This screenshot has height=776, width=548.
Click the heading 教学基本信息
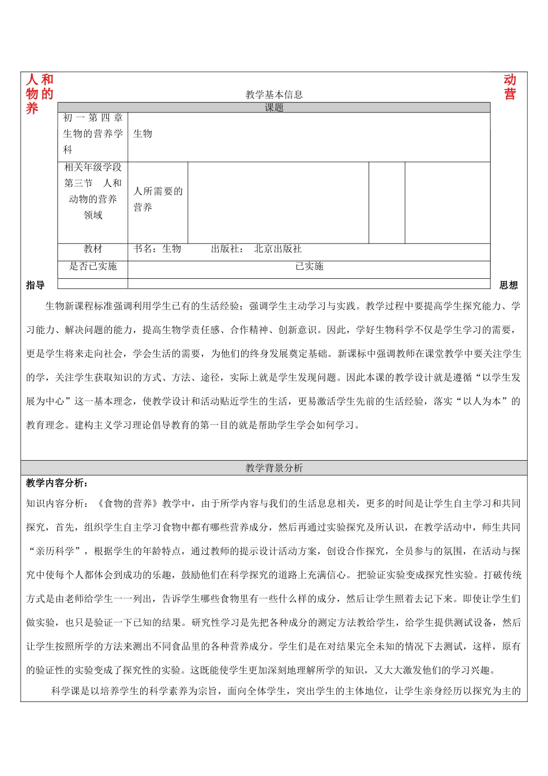click(274, 95)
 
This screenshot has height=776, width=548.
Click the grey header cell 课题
click(274, 108)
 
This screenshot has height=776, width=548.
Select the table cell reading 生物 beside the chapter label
click(142, 134)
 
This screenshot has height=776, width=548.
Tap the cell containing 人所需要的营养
click(157, 199)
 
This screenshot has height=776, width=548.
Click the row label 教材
click(93, 249)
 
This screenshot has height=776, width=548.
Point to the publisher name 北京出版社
click(277, 249)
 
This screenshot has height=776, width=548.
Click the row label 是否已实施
click(93, 266)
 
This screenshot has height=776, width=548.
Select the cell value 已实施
click(309, 266)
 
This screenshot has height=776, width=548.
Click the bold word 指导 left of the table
click(35, 285)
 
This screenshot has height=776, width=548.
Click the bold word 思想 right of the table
click(509, 285)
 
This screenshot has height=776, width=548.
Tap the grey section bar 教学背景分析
click(274, 468)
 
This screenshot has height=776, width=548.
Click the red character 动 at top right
click(510, 80)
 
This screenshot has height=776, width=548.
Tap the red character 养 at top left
click(32, 109)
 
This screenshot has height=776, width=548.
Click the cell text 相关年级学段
click(93, 167)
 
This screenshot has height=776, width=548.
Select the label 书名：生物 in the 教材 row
click(157, 249)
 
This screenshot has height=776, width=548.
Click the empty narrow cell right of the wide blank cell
click(386, 203)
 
